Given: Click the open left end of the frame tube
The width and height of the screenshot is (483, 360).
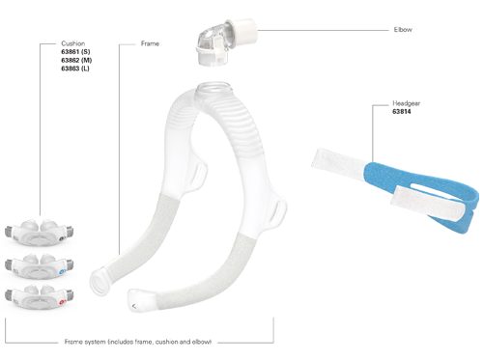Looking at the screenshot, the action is (100, 287).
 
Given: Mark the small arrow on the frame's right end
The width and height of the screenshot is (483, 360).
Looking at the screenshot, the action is (131, 307).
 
